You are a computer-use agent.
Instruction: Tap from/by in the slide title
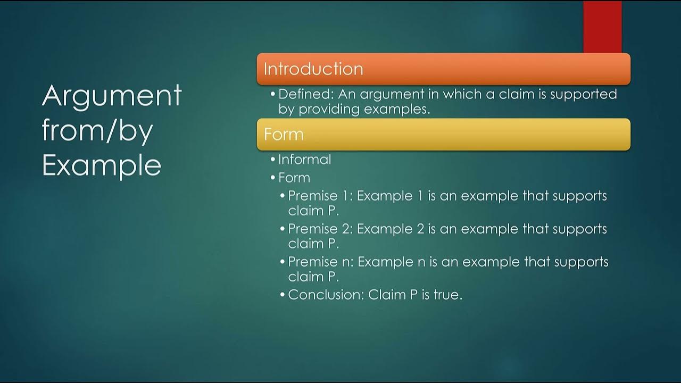[97, 131]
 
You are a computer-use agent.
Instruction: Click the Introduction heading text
[313, 69]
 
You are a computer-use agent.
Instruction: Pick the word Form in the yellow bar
[284, 134]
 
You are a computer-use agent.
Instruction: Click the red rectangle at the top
[602, 27]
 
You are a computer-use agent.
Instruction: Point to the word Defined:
[306, 94]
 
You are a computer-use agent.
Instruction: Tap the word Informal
[304, 160]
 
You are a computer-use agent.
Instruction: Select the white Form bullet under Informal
[294, 177]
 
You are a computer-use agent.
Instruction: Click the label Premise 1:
[320, 196]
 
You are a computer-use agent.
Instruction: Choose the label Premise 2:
[320, 229]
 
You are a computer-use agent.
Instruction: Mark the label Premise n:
[320, 262]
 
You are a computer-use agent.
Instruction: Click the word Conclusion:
[326, 295]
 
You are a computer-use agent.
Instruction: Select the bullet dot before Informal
[273, 160]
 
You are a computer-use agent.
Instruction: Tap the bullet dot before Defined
[273, 95]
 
